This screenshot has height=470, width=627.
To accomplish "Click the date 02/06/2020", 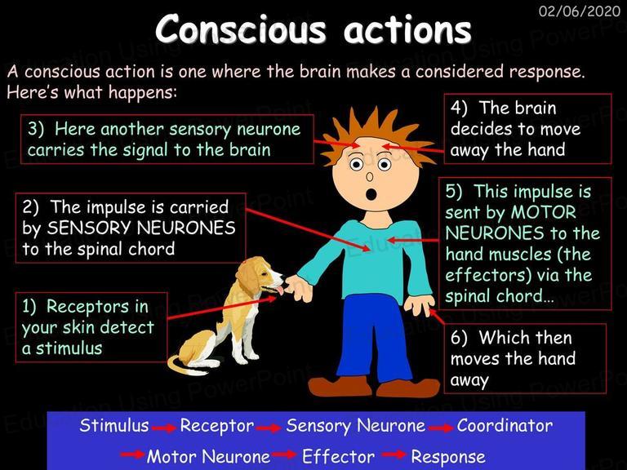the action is point(580,11).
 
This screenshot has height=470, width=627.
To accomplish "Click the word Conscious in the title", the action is point(241,29).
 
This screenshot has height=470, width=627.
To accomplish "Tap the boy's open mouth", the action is point(371,194).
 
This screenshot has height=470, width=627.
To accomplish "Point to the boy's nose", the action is point(370,176).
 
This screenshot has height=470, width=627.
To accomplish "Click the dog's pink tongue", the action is point(280,290).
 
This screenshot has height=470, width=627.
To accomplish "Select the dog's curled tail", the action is point(182,364).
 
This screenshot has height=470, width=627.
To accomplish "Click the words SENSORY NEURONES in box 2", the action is point(141,228).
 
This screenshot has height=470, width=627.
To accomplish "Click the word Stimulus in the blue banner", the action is point(114,425).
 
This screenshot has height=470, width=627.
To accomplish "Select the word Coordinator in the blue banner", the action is point(505,425).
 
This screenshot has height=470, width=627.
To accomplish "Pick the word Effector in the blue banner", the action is point(338,456).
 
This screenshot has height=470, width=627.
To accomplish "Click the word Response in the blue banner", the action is point(448,456).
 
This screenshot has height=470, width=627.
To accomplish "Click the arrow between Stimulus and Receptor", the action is point(164,428).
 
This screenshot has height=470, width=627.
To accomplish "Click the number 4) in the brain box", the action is point(459,108).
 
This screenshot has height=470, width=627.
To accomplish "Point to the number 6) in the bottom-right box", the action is point(459,338).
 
